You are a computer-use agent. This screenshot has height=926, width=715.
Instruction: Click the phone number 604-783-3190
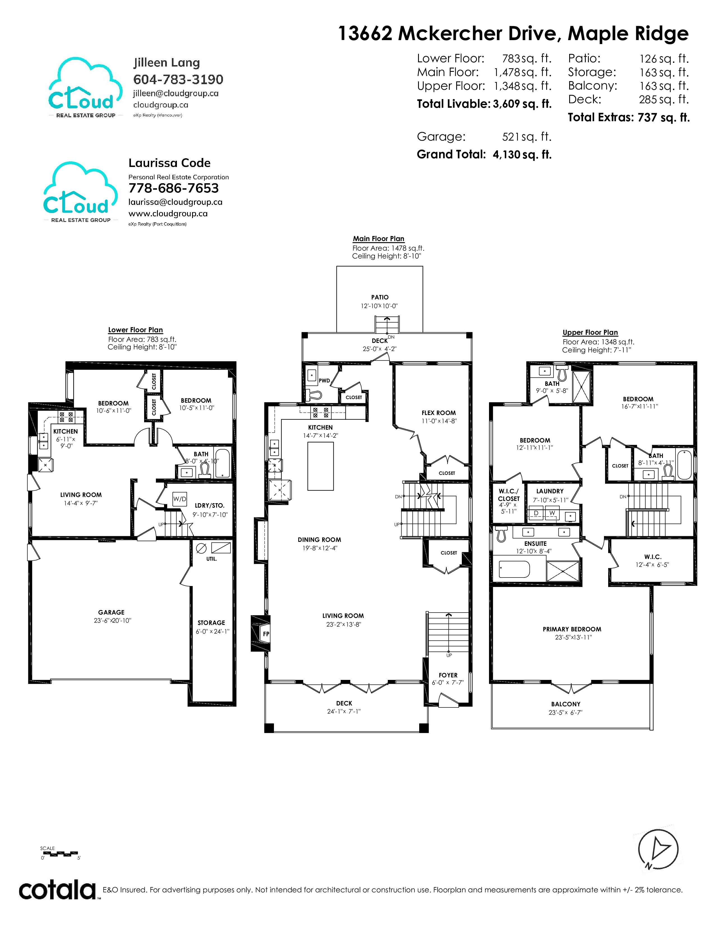[178, 79]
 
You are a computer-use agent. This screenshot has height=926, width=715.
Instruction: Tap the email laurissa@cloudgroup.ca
[175, 202]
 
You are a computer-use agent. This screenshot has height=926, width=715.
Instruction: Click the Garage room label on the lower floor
[111, 612]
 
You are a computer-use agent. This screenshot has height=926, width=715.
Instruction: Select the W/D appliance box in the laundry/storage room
[180, 499]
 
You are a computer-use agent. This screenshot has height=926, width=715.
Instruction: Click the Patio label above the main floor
[380, 297]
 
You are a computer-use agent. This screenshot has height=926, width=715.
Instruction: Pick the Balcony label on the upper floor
[566, 704]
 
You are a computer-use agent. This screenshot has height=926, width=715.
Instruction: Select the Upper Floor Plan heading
[590, 333]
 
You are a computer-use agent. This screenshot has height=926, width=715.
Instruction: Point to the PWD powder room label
[324, 381]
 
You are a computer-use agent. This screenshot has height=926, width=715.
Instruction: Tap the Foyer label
[448, 675]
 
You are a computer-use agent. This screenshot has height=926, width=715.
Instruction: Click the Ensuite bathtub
[514, 569]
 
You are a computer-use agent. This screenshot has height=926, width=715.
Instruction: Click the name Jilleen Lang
[167, 63]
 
